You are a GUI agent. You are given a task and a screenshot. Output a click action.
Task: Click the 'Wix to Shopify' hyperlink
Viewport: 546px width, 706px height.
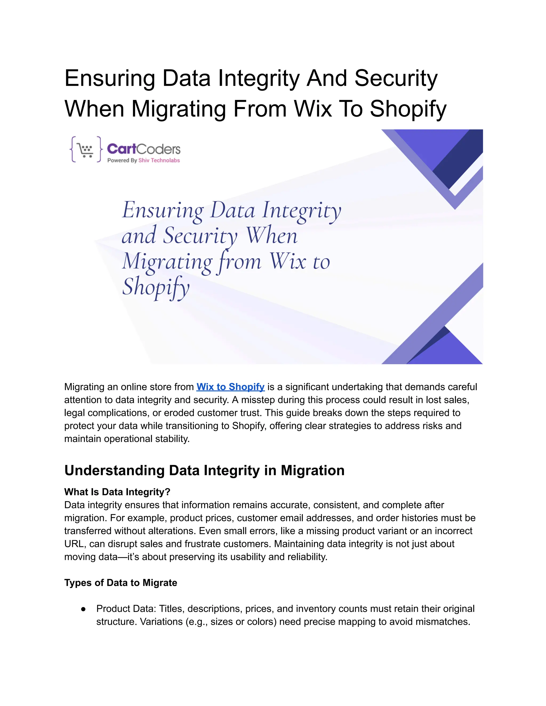(230, 387)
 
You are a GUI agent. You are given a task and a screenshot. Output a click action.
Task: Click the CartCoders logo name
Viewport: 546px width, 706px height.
(144, 149)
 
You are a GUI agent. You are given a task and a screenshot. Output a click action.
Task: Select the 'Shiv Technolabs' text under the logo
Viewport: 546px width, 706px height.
(159, 160)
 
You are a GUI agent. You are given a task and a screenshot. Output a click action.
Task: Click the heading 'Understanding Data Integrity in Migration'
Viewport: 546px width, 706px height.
(204, 470)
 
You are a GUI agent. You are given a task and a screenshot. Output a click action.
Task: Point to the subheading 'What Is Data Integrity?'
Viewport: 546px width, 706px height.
(117, 492)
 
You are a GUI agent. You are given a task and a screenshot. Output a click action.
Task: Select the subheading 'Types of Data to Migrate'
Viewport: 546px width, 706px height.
(121, 583)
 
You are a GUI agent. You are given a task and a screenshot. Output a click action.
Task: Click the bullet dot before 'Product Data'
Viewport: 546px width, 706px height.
(84, 609)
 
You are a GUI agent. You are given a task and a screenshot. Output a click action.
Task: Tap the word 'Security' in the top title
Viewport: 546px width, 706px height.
(396, 78)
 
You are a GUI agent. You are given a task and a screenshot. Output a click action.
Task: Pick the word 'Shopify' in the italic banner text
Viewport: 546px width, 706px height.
(156, 287)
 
